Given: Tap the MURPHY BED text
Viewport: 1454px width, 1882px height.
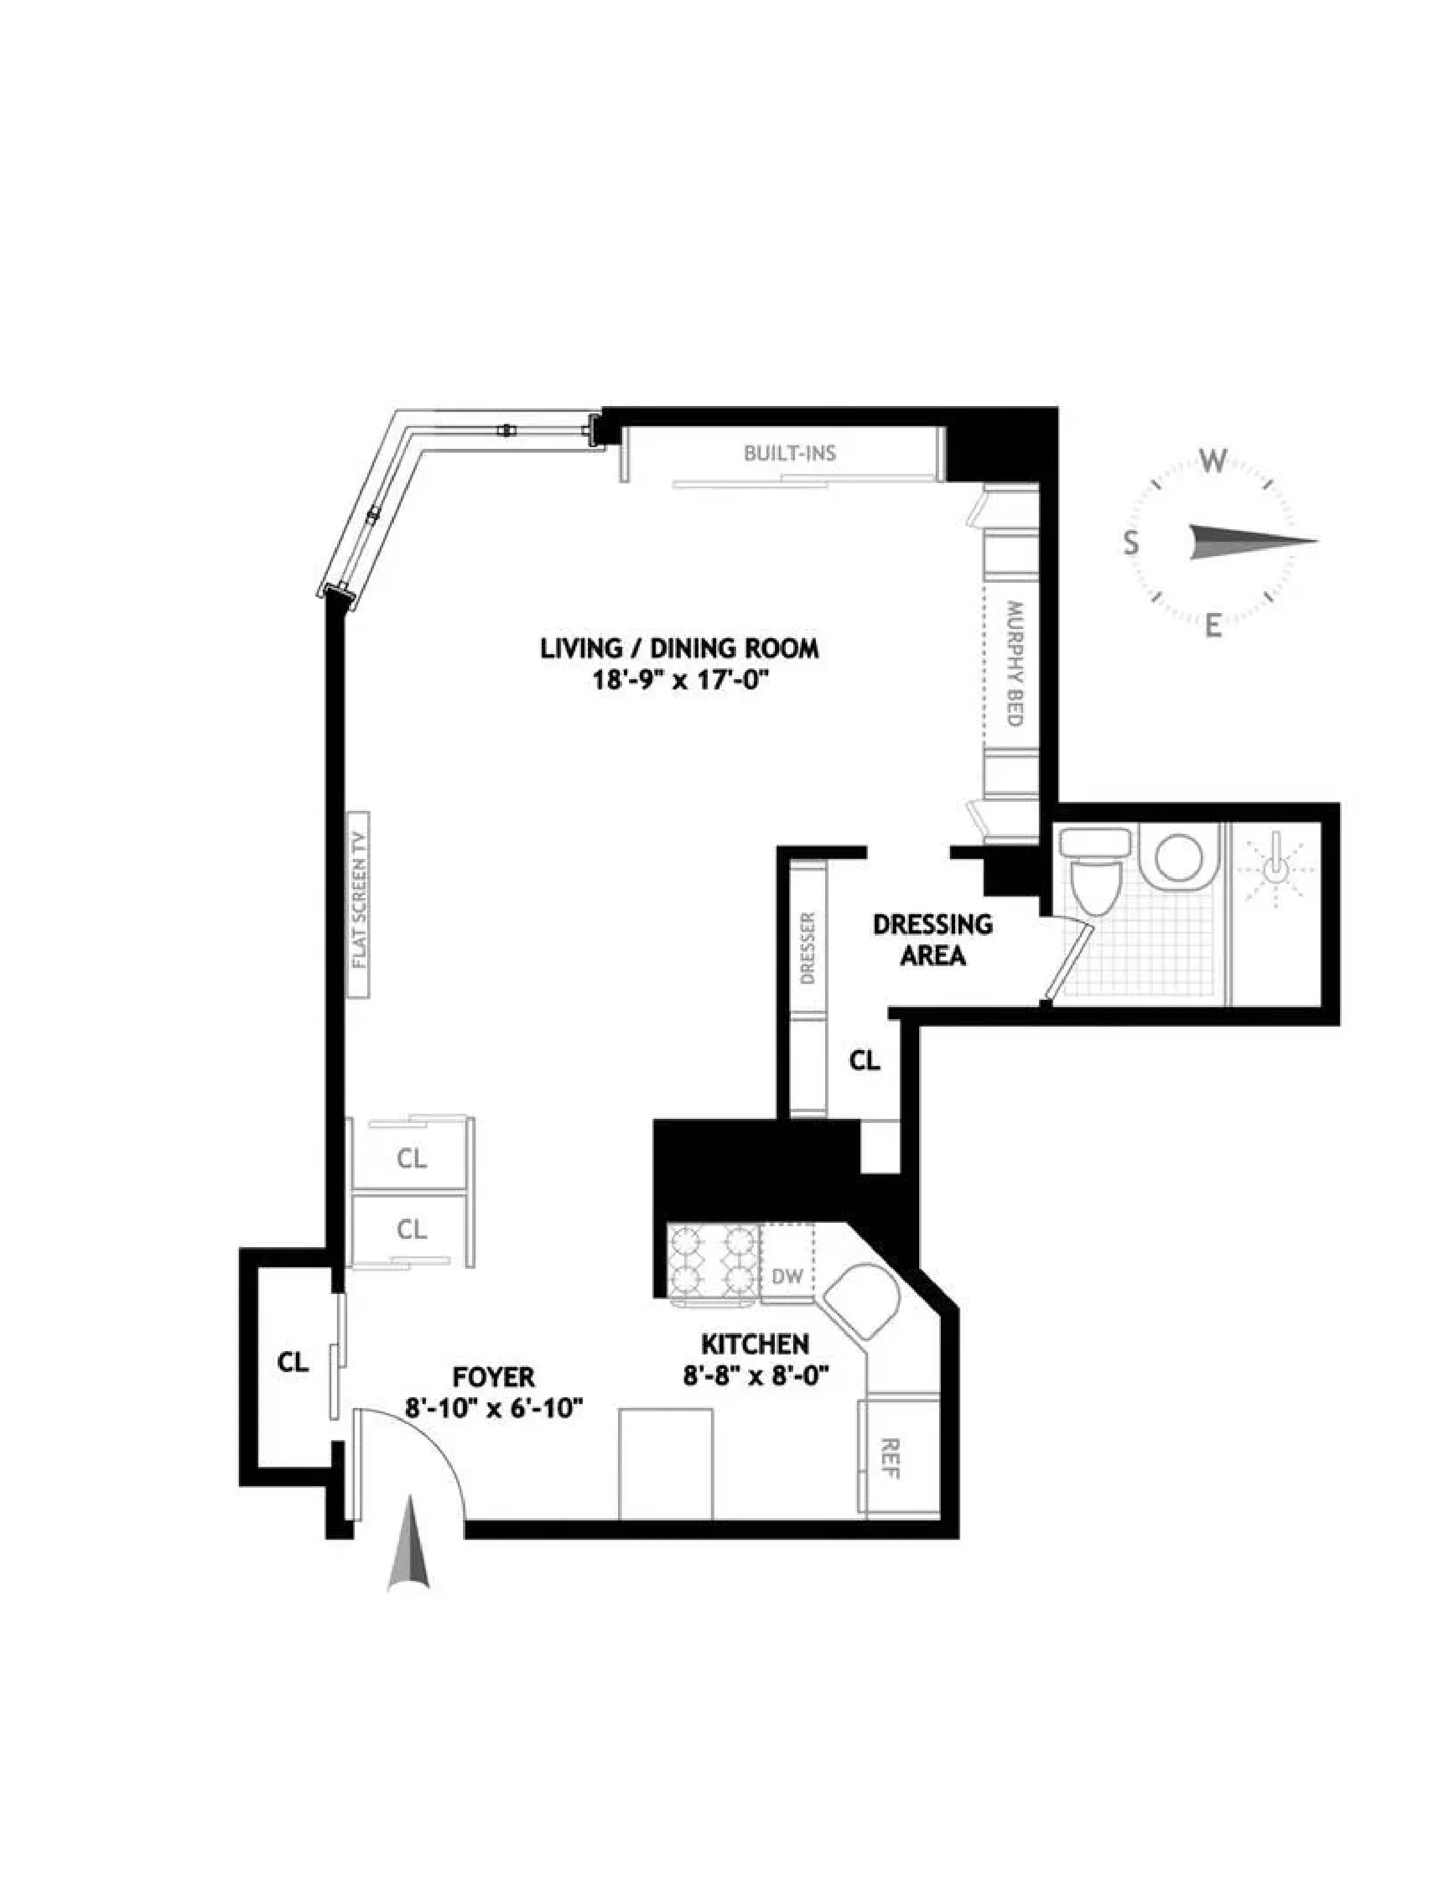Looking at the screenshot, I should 1013,663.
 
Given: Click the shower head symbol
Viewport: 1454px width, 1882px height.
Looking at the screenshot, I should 1277,868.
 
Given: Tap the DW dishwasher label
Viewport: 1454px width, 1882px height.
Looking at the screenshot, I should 786,1276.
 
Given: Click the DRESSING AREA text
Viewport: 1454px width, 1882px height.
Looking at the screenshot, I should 932,939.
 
